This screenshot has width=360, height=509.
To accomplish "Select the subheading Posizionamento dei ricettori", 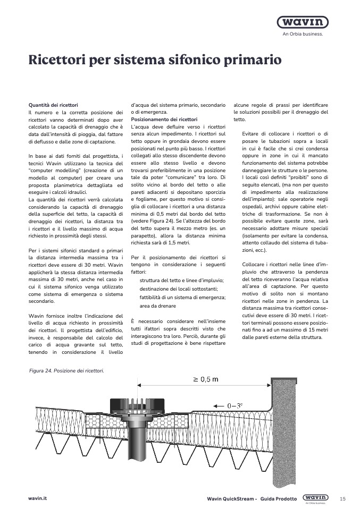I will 164,120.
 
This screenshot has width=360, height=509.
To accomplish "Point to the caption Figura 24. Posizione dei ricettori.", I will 67,370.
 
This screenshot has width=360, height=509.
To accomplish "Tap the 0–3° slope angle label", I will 235,405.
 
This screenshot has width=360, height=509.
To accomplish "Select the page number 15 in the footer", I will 342,498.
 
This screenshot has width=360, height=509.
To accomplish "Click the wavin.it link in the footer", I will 38,498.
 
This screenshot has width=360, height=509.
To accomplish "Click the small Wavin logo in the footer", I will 313,498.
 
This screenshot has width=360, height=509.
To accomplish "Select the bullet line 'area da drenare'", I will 157,306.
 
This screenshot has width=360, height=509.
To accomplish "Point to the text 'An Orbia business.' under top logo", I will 302,35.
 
